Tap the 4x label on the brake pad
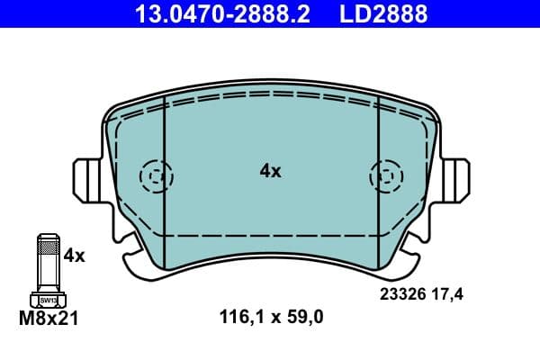click(x=270, y=171)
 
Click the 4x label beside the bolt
click(x=74, y=256)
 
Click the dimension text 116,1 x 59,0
click(x=271, y=316)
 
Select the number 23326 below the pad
click(x=405, y=293)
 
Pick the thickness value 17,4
click(x=454, y=293)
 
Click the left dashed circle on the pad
click(x=156, y=176)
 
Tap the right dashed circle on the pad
click(x=386, y=176)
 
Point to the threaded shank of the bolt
click(x=48, y=261)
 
